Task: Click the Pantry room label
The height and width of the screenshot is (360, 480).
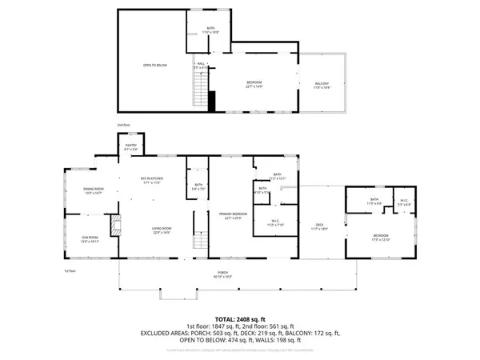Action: point(131,148)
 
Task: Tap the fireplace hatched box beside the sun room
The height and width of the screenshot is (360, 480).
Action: point(114,222)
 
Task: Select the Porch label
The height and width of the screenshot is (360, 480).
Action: point(222,274)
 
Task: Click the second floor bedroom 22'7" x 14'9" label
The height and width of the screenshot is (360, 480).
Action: point(253,84)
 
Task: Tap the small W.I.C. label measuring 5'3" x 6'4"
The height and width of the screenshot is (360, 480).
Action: point(404,202)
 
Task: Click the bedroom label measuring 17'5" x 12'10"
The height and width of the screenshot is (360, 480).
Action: point(380,238)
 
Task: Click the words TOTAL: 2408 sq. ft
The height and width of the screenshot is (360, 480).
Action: point(239,318)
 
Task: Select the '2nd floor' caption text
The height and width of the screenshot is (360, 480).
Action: point(123,126)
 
